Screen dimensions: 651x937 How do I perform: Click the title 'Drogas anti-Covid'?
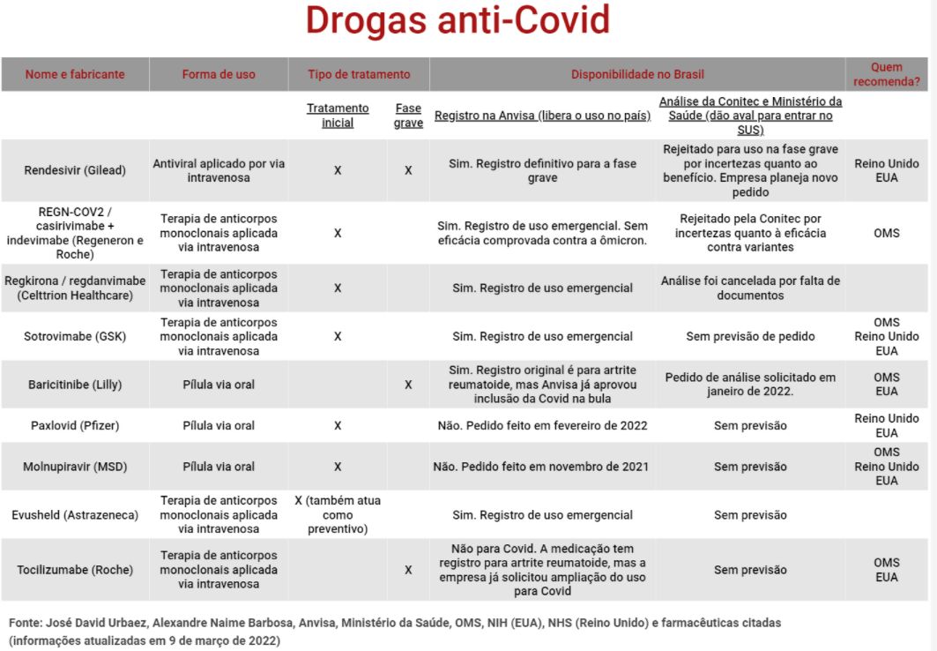(x=457, y=21)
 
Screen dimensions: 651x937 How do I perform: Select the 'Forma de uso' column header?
(x=219, y=74)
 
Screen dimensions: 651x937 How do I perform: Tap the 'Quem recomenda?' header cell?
(x=886, y=74)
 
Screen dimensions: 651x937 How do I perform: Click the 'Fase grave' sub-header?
(x=408, y=116)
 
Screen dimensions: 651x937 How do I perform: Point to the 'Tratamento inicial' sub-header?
(x=338, y=116)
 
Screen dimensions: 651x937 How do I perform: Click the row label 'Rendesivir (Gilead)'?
(x=75, y=170)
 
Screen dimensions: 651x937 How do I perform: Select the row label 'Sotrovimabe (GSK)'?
(x=75, y=336)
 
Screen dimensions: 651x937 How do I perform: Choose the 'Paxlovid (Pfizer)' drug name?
(x=75, y=425)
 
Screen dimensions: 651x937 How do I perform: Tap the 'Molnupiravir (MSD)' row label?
(x=75, y=467)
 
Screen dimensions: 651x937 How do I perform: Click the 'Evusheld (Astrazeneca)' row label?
(x=75, y=515)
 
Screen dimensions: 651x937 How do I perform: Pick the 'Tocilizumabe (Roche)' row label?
(x=75, y=570)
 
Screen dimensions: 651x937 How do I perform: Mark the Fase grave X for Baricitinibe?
(x=408, y=385)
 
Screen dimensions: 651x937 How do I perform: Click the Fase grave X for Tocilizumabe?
(x=408, y=570)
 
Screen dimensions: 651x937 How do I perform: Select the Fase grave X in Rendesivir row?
(x=408, y=170)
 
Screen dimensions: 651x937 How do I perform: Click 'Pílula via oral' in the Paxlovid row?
(x=219, y=425)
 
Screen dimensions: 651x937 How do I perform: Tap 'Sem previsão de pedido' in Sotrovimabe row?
(x=750, y=336)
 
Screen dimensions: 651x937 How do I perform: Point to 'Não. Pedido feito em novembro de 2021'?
(x=540, y=467)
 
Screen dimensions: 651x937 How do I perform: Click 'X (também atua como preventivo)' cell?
(x=338, y=515)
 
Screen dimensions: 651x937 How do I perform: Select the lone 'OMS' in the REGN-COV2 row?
(x=886, y=233)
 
